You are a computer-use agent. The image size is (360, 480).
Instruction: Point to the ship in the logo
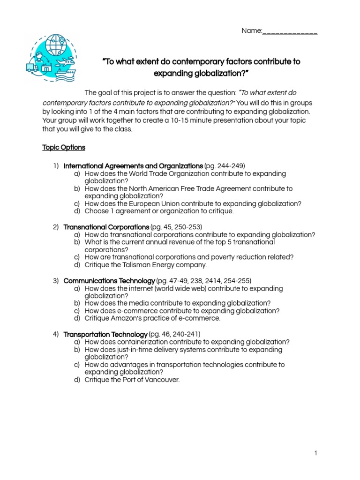[x=62, y=73]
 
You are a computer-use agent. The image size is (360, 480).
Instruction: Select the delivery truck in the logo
[x=32, y=68]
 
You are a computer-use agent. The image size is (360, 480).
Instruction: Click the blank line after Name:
[x=290, y=31]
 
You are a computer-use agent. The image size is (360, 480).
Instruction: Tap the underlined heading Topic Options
[x=64, y=147]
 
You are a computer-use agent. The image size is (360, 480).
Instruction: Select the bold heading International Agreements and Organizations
[x=133, y=166]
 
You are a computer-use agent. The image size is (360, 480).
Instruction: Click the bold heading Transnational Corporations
[x=106, y=227]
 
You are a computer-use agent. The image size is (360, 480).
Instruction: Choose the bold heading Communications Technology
[x=109, y=281]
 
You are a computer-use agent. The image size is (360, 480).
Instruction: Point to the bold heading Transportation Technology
[x=105, y=334]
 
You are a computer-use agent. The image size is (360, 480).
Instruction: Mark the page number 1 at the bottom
[x=316, y=453]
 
